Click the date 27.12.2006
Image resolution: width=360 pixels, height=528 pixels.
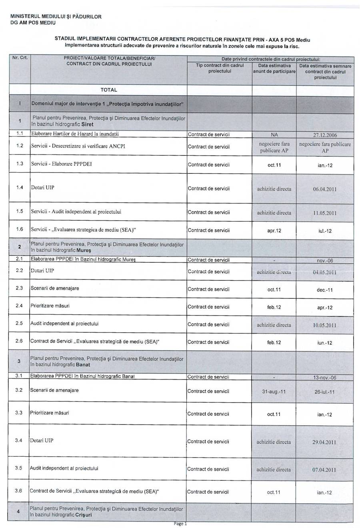[x=324, y=135]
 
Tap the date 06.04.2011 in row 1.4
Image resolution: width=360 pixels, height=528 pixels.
[x=324, y=189]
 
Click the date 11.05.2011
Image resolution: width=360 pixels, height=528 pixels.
[x=324, y=213]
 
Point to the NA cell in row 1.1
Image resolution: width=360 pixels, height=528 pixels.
[x=274, y=135]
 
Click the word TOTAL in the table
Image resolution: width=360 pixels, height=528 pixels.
[x=109, y=90]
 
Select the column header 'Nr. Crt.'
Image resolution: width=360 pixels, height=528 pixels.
[x=20, y=58]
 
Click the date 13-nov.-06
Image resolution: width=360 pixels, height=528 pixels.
[x=324, y=377]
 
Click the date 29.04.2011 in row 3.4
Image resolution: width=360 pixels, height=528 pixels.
[x=324, y=442]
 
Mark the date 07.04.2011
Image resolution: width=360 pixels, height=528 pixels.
[x=324, y=470]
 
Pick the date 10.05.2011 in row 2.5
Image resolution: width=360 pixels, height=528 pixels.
[x=324, y=325]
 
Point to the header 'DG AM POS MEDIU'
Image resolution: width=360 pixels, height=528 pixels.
[x=33, y=23]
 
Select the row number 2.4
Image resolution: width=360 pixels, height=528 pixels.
[x=19, y=306]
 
